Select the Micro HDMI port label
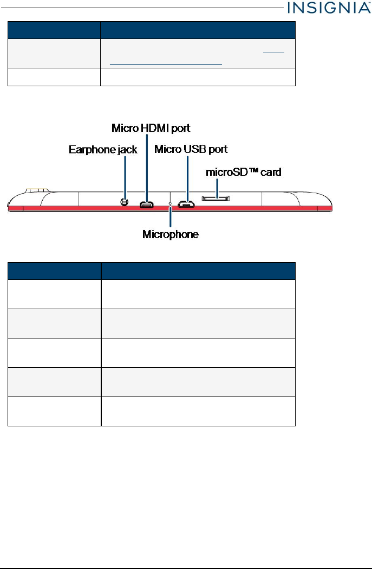pos(151,128)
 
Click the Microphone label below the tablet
pos(171,234)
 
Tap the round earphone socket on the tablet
pos(125,202)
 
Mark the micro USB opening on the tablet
pos(187,205)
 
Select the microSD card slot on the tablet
pos(217,199)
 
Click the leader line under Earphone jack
pos(125,176)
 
